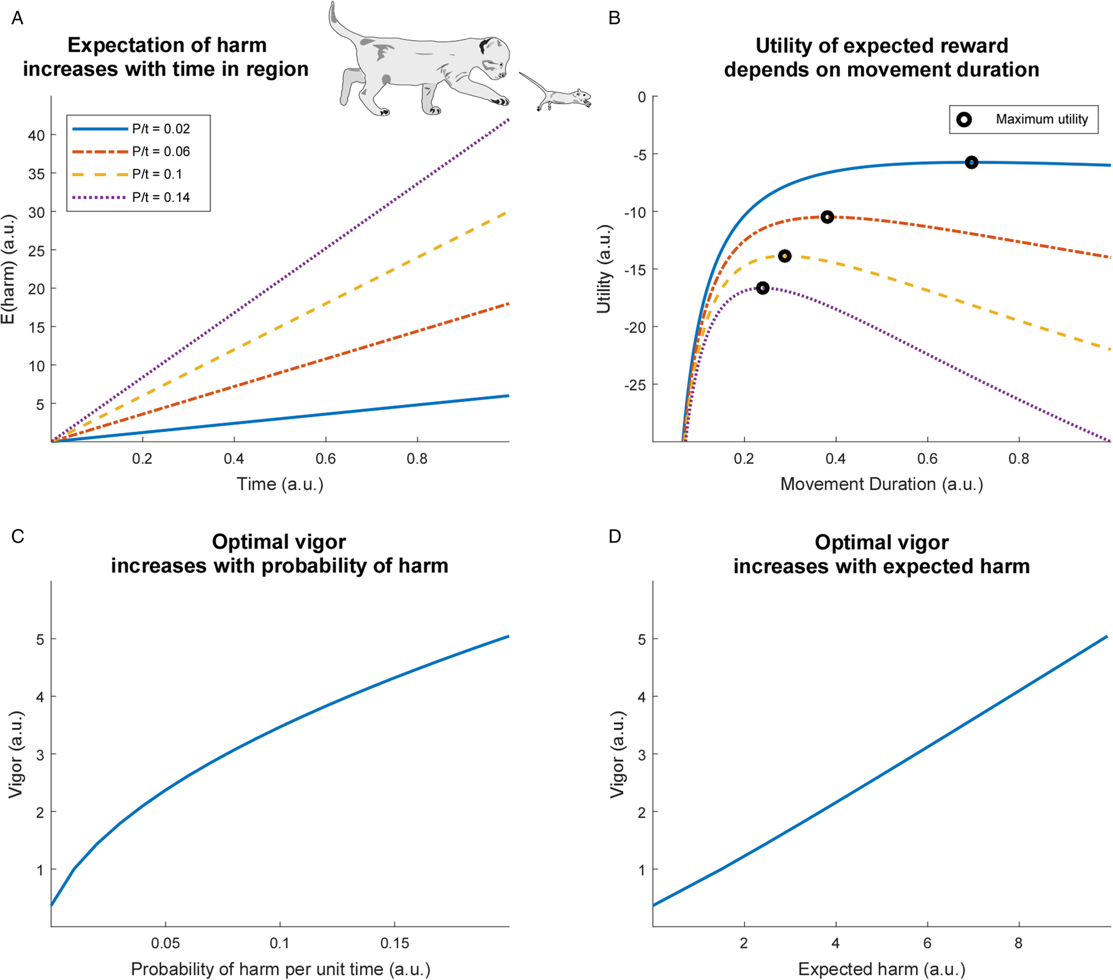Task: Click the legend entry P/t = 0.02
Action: (x=160, y=129)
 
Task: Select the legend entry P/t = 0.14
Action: (x=160, y=198)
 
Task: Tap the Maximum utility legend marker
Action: (x=964, y=120)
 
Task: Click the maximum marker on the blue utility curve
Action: (x=971, y=162)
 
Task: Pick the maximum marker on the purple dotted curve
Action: (x=762, y=288)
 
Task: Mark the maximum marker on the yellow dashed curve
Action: (x=785, y=256)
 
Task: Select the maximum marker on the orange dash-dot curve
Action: (x=827, y=217)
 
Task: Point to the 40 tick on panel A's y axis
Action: (x=36, y=135)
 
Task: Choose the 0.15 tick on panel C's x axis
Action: (x=395, y=943)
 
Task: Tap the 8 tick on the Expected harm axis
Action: (x=1018, y=943)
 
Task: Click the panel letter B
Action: (x=614, y=18)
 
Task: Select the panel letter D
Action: (x=614, y=536)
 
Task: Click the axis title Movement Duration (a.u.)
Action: (x=881, y=484)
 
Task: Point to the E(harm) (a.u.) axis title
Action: (x=8, y=269)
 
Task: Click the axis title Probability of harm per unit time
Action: (x=280, y=969)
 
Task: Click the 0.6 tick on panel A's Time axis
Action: (x=326, y=459)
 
